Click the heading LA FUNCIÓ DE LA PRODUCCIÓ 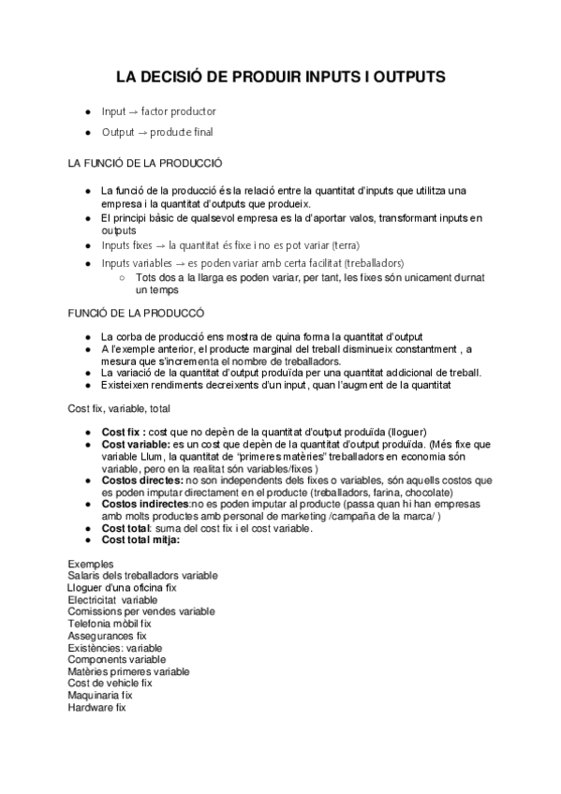point(145,163)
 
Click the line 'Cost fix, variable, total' point(118,408)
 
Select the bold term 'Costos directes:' point(142,479)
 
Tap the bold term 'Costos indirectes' point(145,504)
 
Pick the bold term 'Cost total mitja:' point(140,540)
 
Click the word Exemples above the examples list point(91,564)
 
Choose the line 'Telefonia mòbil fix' point(110,624)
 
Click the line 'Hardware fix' point(96,708)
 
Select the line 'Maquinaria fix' point(100,696)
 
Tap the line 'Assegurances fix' point(107,636)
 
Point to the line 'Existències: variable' point(115,648)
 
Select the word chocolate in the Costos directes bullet point(426,492)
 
